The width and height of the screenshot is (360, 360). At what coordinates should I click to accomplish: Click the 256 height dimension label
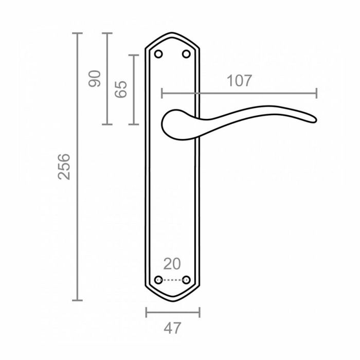tap(63, 166)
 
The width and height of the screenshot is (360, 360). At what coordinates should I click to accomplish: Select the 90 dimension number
tap(95, 78)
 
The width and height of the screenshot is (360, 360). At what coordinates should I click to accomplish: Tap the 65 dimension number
tap(121, 89)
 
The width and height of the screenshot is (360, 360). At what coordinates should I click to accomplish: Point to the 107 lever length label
tap(239, 80)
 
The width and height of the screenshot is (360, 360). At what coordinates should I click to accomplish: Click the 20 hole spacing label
tap(172, 264)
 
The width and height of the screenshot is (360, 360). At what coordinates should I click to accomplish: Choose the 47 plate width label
tap(172, 328)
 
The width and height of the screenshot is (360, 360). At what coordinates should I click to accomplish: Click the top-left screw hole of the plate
tap(158, 54)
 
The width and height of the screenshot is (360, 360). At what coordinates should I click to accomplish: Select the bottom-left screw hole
tap(158, 280)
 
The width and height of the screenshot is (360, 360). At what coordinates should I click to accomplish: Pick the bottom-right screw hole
tap(186, 280)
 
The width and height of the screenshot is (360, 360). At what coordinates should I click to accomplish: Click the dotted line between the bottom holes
tap(172, 280)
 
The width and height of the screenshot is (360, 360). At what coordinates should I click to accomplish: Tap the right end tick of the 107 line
tap(316, 93)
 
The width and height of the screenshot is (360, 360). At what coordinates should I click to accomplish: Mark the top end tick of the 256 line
tap(77, 33)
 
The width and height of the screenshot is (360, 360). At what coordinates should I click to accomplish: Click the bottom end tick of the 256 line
tap(77, 300)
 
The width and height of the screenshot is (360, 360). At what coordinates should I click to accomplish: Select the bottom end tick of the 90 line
tap(106, 124)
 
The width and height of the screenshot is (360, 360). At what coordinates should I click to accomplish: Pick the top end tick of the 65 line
tap(134, 55)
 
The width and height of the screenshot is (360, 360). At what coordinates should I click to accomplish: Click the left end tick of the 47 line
tap(146, 312)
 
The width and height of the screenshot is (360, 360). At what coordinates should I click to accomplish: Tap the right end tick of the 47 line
tap(200, 312)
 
